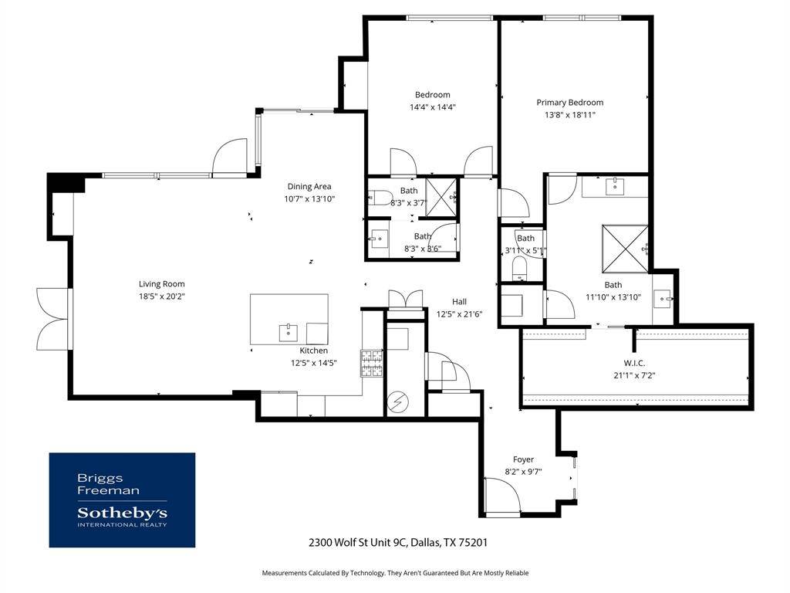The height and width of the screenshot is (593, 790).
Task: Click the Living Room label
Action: (x=162, y=284)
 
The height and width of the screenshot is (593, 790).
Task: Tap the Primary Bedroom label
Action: (x=570, y=103)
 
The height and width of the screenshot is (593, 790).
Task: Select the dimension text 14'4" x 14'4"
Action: (x=433, y=107)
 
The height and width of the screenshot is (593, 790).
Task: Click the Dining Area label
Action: (x=309, y=187)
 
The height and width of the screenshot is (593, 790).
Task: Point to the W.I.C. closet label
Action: (x=634, y=363)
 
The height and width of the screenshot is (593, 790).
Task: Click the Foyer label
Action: (x=524, y=459)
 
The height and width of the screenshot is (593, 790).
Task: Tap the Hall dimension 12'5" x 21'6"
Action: (x=460, y=314)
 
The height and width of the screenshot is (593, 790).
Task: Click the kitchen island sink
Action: (x=289, y=333)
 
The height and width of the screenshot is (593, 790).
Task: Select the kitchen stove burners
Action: (x=371, y=364)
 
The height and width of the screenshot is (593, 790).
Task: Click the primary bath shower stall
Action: (x=625, y=249)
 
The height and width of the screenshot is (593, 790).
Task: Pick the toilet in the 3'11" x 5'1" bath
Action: (x=519, y=268)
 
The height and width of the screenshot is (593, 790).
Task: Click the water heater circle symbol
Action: (x=399, y=402)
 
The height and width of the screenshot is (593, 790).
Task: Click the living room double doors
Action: (x=53, y=319)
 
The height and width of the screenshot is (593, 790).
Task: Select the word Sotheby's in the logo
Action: (x=123, y=513)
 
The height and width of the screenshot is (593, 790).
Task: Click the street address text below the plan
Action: (x=398, y=543)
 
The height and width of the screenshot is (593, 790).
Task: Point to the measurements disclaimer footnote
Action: (x=395, y=573)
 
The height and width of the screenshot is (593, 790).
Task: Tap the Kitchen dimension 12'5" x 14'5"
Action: (x=314, y=363)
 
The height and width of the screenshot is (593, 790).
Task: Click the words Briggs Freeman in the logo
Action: (x=108, y=484)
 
